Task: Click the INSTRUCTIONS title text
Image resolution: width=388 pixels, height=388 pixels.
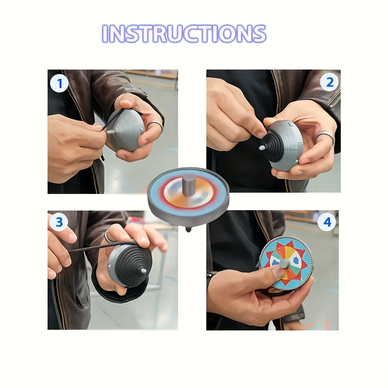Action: (x=184, y=33)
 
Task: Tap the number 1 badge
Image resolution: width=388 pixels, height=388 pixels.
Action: (x=59, y=83)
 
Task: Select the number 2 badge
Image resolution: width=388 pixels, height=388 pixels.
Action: (x=329, y=82)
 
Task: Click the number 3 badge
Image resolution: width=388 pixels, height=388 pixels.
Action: (x=59, y=223)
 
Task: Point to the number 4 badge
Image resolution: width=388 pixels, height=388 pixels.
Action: (x=327, y=223)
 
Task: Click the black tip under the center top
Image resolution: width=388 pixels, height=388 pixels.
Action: (x=188, y=228)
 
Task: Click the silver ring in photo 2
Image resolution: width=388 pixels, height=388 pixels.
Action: (x=325, y=136)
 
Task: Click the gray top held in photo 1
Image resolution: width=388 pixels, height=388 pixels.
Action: (x=126, y=129)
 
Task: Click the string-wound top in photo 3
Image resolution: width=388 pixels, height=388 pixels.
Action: (x=129, y=265)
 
